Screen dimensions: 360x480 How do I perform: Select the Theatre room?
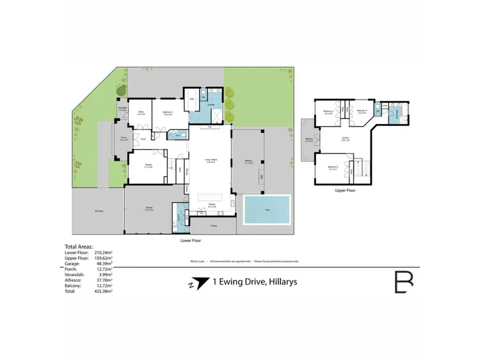tap(147, 166)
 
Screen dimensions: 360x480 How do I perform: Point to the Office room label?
tap(141, 113)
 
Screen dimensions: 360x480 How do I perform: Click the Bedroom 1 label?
tap(168, 113)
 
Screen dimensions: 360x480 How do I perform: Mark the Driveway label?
tap(99, 210)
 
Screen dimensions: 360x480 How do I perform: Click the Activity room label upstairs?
tap(346, 139)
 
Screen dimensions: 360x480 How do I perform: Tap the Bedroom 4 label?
tap(361, 111)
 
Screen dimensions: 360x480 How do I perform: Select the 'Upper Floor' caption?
tap(345, 190)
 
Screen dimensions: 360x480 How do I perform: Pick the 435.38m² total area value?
tap(104, 292)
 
